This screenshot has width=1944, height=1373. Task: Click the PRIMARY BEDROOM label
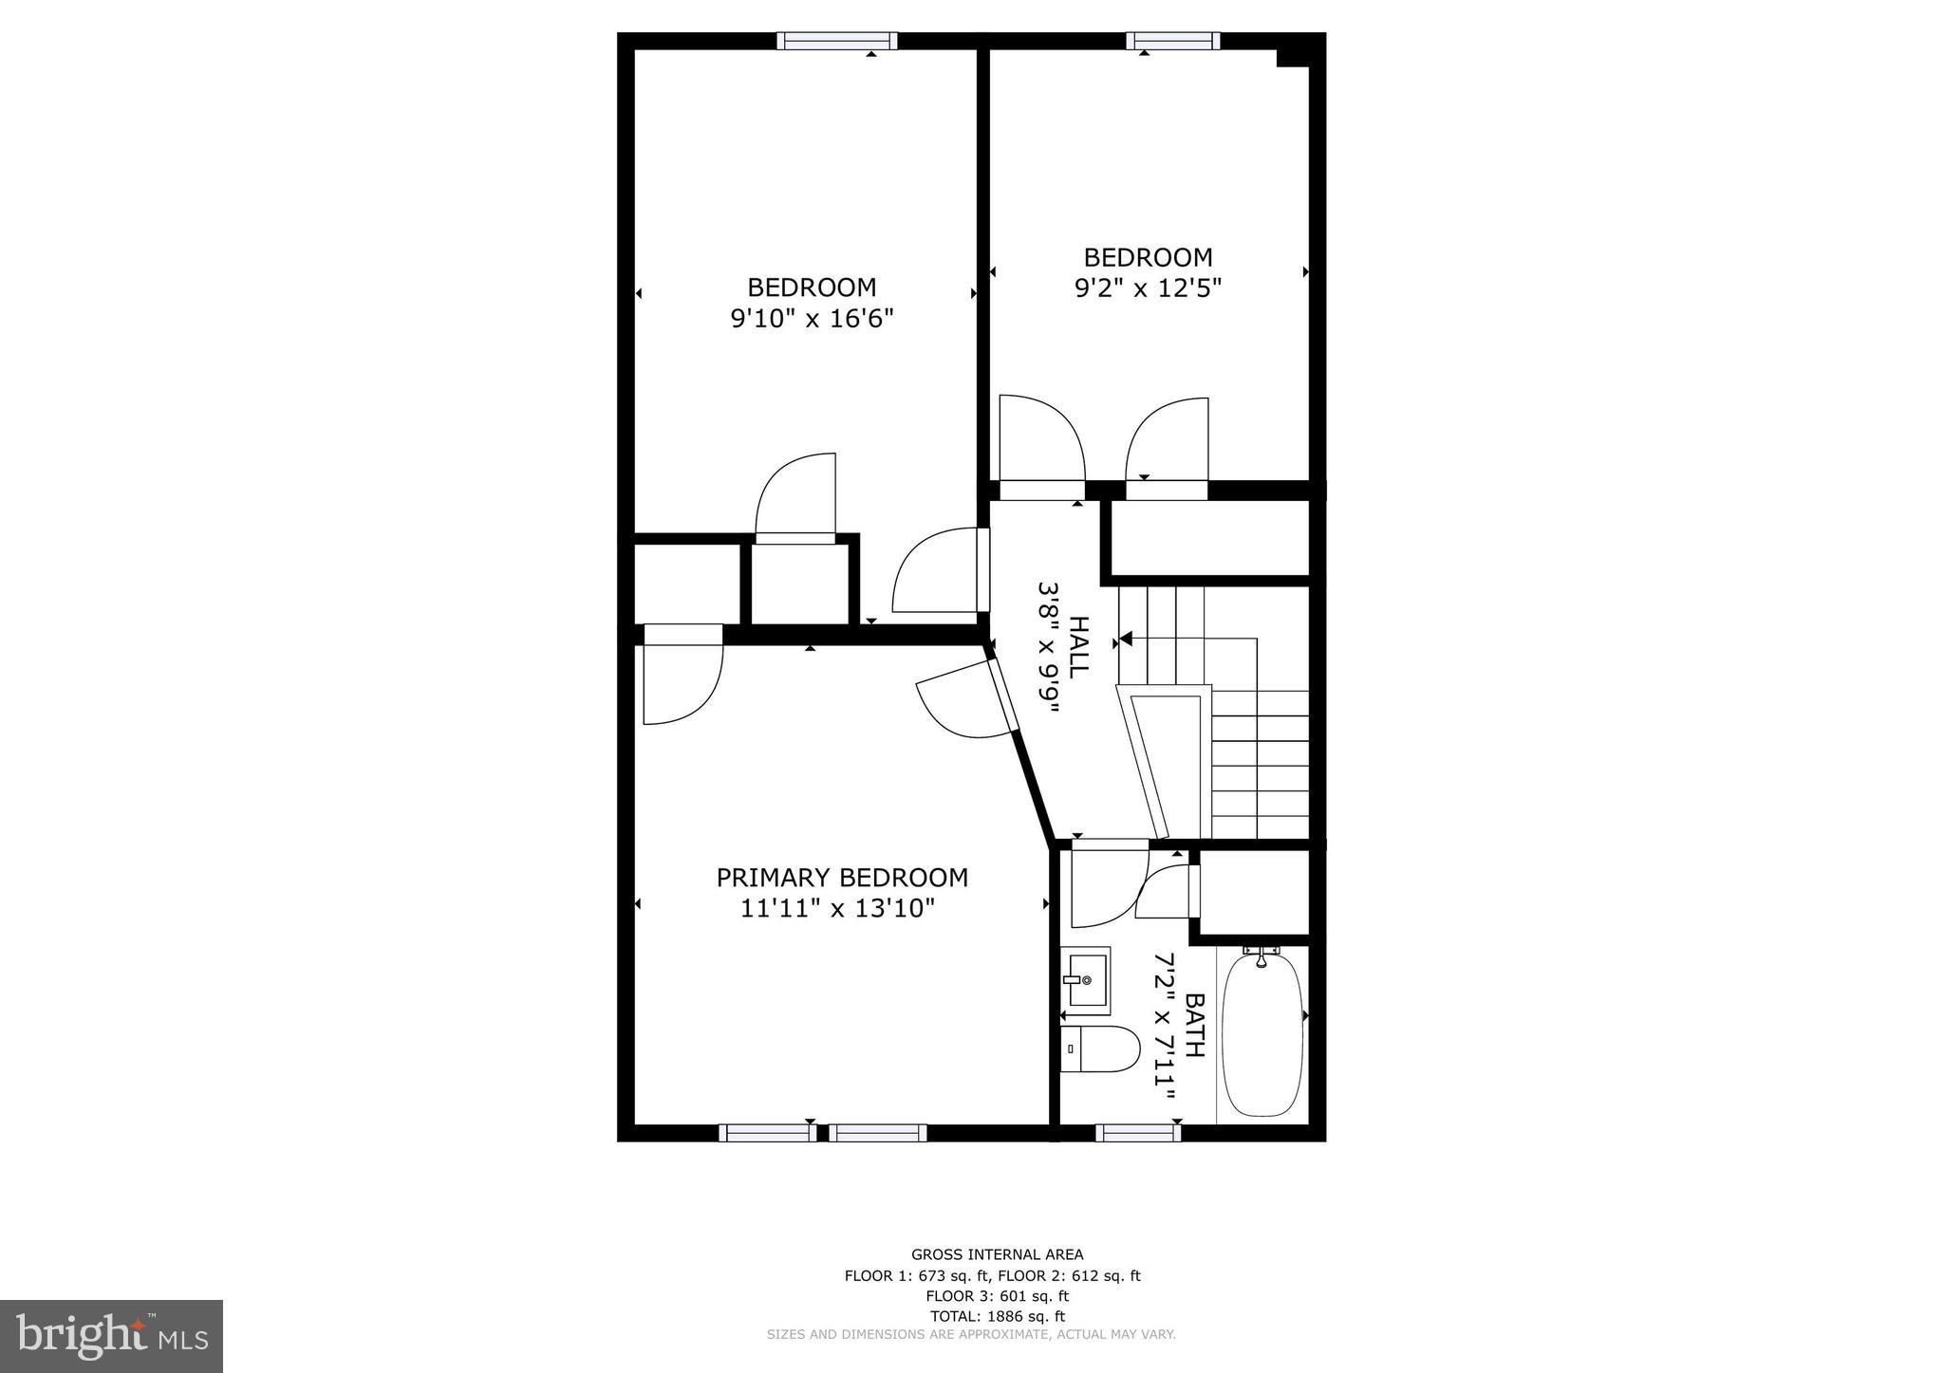(841, 878)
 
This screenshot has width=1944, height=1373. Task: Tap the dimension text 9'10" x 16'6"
(812, 318)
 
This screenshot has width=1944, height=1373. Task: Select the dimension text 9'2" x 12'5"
(1147, 288)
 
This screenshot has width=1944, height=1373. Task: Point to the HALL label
(1078, 646)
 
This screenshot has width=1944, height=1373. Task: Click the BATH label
(1194, 1026)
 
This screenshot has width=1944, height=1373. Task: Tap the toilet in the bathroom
(1099, 1049)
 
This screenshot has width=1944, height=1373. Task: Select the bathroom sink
(1086, 978)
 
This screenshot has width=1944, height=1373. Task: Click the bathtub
(1262, 1036)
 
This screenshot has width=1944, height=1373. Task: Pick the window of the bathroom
(1137, 1132)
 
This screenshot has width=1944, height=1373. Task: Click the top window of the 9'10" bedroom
(836, 41)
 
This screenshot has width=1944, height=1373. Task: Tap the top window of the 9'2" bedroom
(1172, 41)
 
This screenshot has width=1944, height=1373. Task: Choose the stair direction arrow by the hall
(1127, 639)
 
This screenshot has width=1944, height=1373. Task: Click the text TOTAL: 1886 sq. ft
(997, 1316)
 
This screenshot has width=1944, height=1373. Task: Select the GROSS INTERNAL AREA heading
(997, 1254)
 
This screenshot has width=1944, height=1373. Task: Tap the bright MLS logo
(111, 1337)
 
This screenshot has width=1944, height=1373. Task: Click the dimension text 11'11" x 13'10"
(837, 909)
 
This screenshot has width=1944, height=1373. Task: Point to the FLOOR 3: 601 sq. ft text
(997, 1296)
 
